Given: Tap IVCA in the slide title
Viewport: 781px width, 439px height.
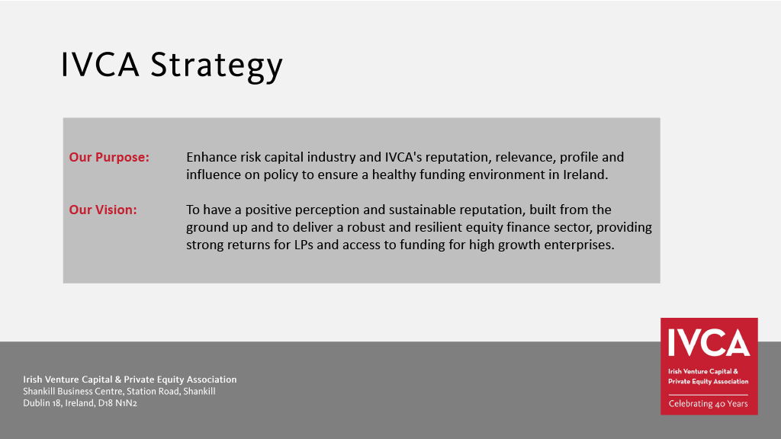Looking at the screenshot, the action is click(x=100, y=64).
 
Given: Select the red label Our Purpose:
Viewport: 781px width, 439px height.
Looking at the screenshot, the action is click(x=109, y=157).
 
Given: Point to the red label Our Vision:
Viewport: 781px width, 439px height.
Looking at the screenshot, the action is click(x=103, y=210).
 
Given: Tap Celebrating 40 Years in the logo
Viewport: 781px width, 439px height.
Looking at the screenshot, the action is click(x=708, y=404).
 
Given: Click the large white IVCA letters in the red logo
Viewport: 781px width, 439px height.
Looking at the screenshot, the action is click(x=709, y=342).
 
